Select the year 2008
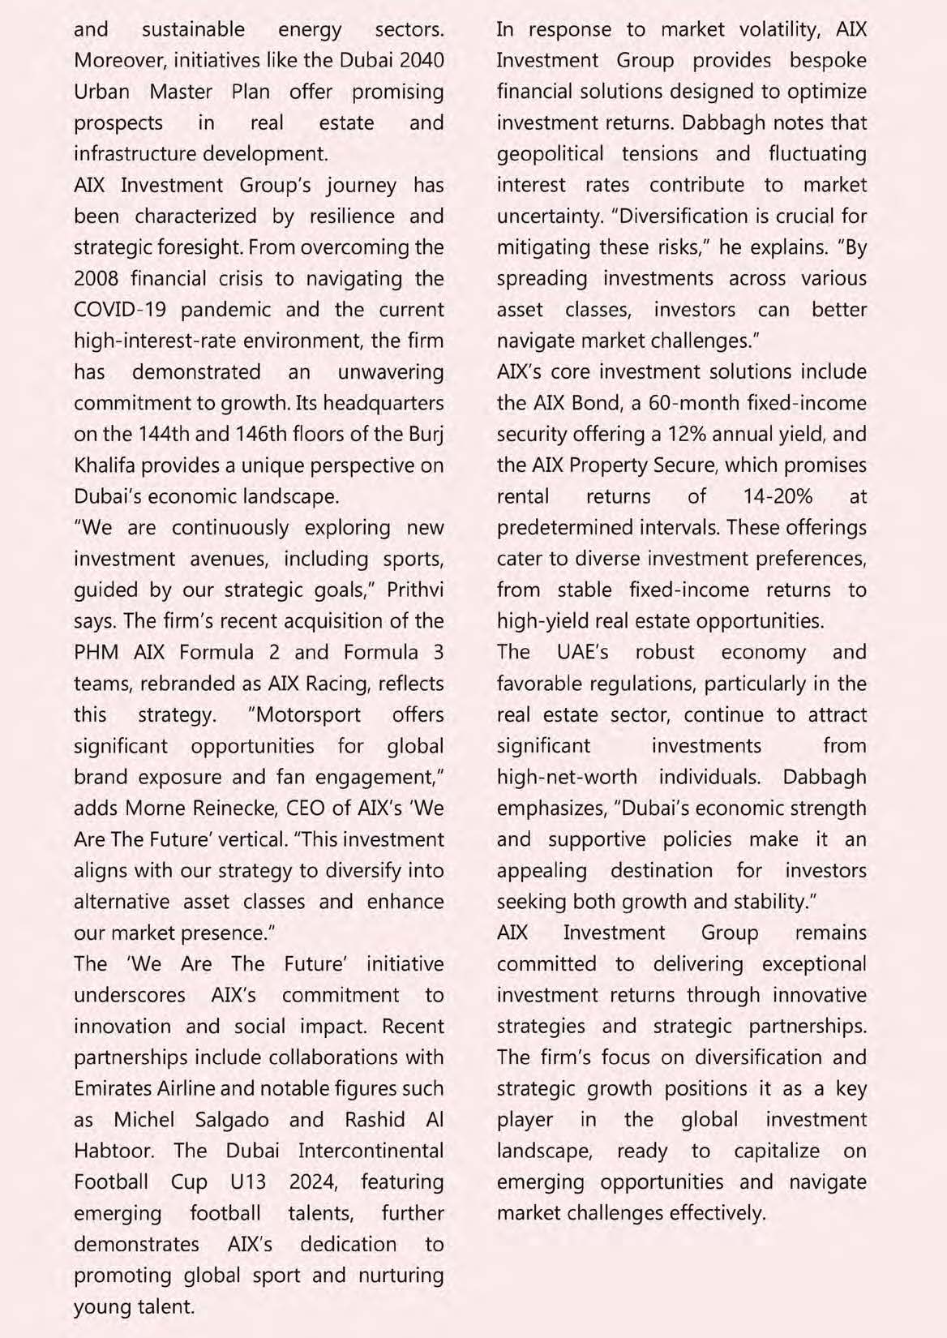(x=96, y=278)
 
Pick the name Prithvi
(x=415, y=590)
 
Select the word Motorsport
(x=304, y=714)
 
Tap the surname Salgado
(x=232, y=1120)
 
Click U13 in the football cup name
(x=248, y=1181)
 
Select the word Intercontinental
(x=371, y=1151)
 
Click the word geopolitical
(x=550, y=154)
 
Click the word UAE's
(x=582, y=652)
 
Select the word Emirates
(x=114, y=1088)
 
